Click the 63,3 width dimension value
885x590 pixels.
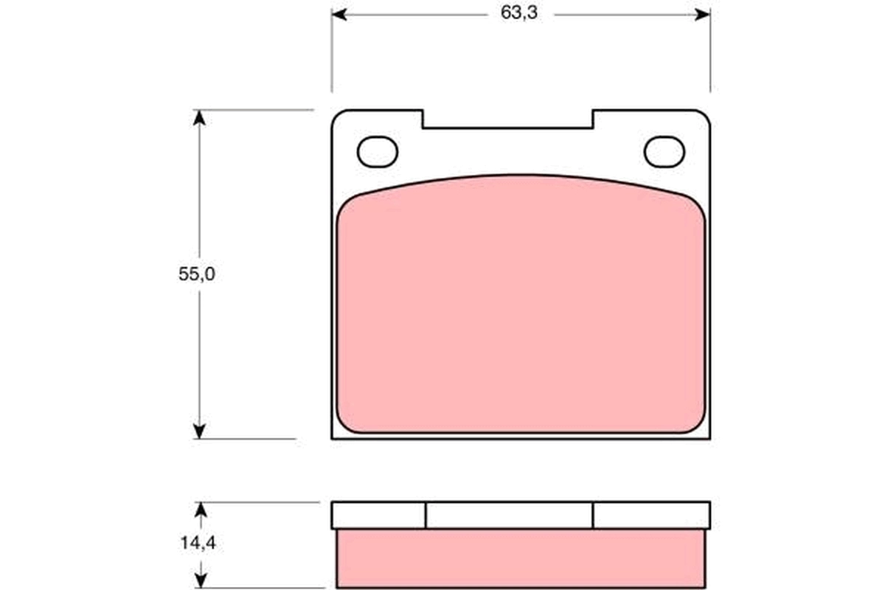(x=519, y=15)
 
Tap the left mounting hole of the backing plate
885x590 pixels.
(x=378, y=152)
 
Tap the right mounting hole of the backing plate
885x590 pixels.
(x=664, y=152)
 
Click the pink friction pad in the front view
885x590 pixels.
(x=521, y=310)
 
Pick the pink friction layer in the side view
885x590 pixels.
(x=521, y=558)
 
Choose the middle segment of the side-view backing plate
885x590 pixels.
(x=509, y=516)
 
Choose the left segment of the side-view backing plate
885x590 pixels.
(x=378, y=516)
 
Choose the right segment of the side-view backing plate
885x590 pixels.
(x=651, y=516)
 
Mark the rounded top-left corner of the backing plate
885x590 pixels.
(x=337, y=116)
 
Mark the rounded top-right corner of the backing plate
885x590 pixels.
(x=704, y=116)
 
